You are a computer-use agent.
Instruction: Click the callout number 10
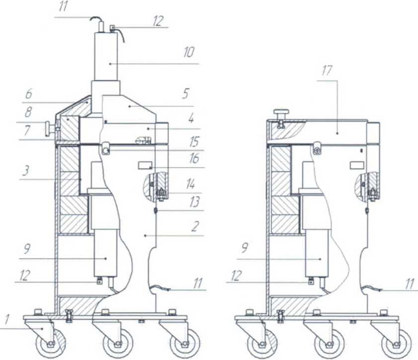189,52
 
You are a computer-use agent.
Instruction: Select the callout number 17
327,71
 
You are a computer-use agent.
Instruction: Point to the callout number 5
186,93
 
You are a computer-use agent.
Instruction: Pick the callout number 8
28,112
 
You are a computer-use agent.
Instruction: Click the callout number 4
191,118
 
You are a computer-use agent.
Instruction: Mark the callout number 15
194,142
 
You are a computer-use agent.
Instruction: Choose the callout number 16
194,159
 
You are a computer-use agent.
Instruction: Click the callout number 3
25,170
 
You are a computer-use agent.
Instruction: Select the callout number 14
190,184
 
